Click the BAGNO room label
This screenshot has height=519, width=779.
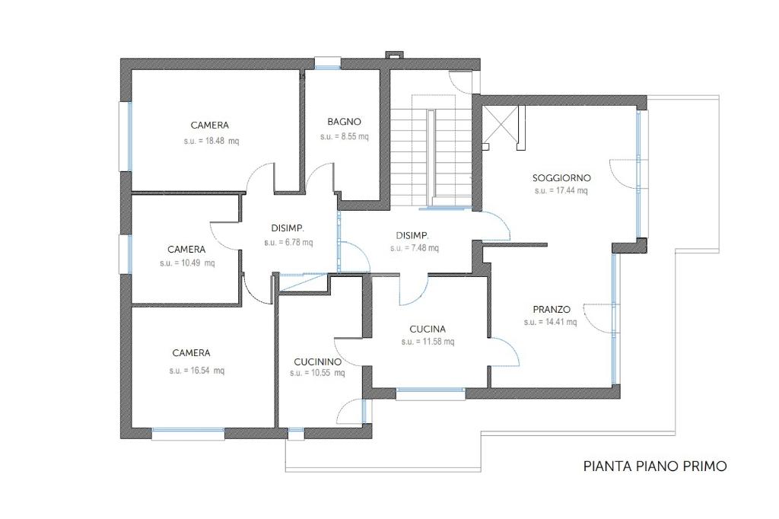tap(344, 122)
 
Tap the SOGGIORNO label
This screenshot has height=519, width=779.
tap(561, 178)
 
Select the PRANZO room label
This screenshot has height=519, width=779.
tap(552, 309)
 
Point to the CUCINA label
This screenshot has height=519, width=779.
tap(428, 329)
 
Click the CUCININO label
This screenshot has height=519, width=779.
tap(317, 362)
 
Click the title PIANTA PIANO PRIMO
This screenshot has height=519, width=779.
tap(655, 466)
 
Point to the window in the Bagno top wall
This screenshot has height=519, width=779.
tap(328, 63)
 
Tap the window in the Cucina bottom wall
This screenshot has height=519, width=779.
tap(431, 393)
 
